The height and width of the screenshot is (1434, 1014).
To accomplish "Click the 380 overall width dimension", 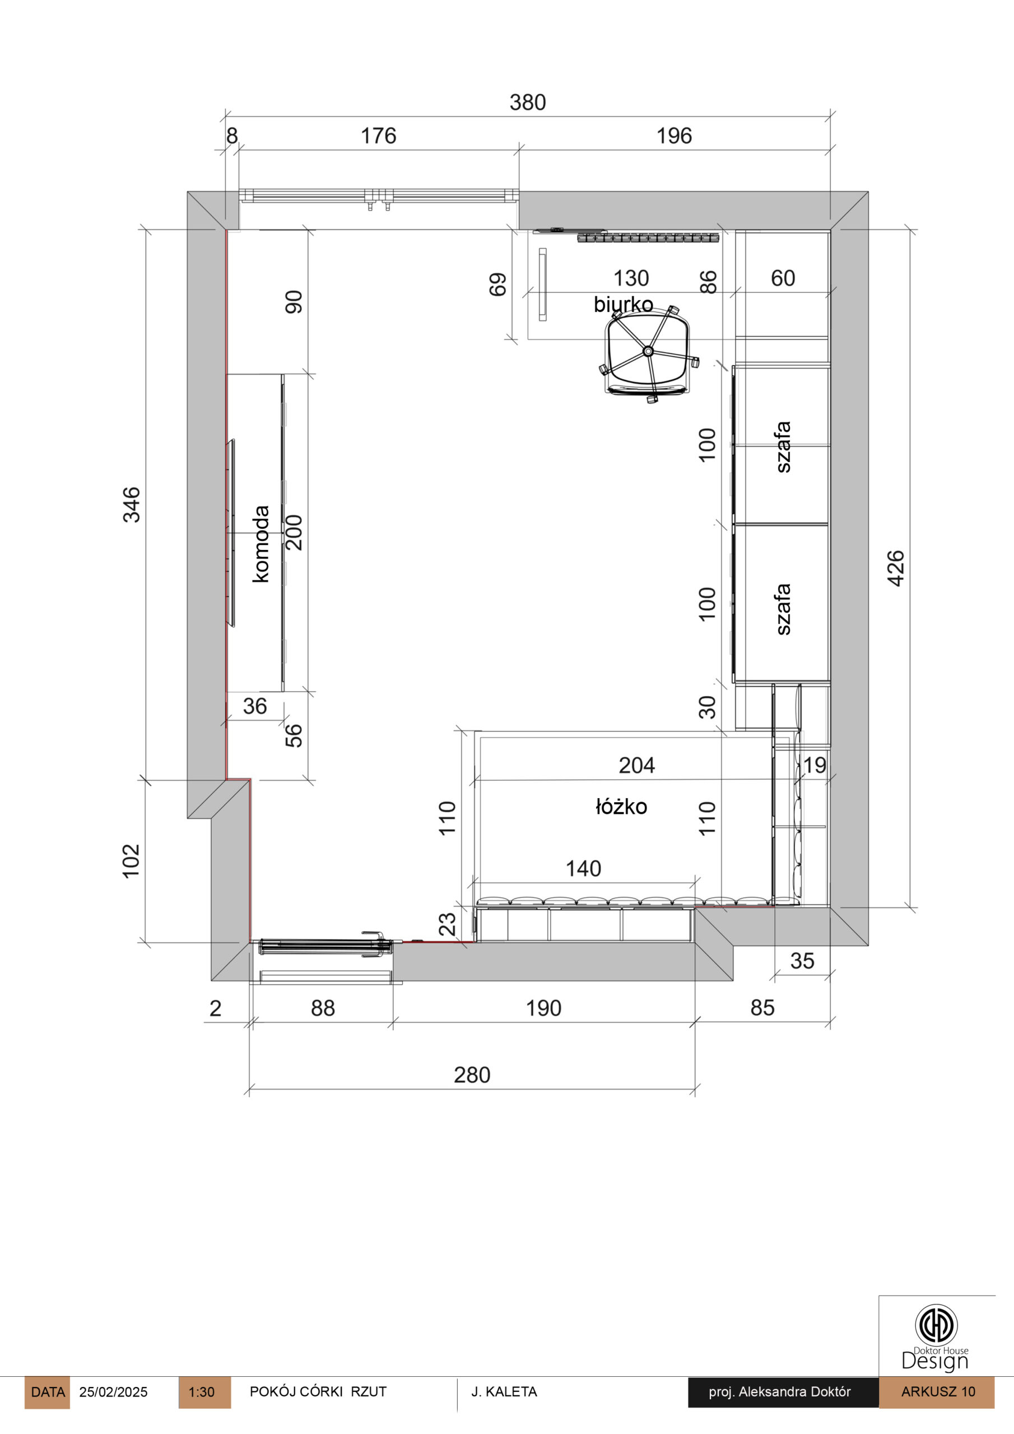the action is [x=527, y=103].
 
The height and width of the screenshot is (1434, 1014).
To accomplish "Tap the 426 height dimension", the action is [x=896, y=568].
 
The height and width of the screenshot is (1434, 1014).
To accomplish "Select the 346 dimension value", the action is [x=132, y=505].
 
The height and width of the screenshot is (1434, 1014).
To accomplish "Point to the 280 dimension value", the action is [x=472, y=1075].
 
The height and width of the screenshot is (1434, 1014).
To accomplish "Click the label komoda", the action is [x=261, y=544].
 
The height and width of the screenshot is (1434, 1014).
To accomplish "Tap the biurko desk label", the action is [x=624, y=305].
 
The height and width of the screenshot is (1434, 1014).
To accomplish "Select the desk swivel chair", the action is [x=649, y=353].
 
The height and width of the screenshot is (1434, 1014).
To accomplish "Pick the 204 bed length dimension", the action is [x=636, y=765].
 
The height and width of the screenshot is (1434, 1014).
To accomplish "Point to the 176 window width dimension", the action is [x=379, y=136].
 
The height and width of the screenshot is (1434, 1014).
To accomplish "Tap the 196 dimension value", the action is [x=674, y=136].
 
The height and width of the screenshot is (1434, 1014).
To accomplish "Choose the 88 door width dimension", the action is [x=323, y=1007].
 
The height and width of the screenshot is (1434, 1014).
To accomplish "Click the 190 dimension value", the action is [x=543, y=1007].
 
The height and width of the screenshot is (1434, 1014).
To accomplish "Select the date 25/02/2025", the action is [x=113, y=1392].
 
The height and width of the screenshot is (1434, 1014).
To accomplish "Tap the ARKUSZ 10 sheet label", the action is [x=938, y=1391].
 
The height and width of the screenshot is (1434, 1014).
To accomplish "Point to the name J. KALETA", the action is [x=504, y=1391].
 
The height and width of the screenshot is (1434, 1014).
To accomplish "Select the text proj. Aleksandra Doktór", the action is [x=780, y=1392].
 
